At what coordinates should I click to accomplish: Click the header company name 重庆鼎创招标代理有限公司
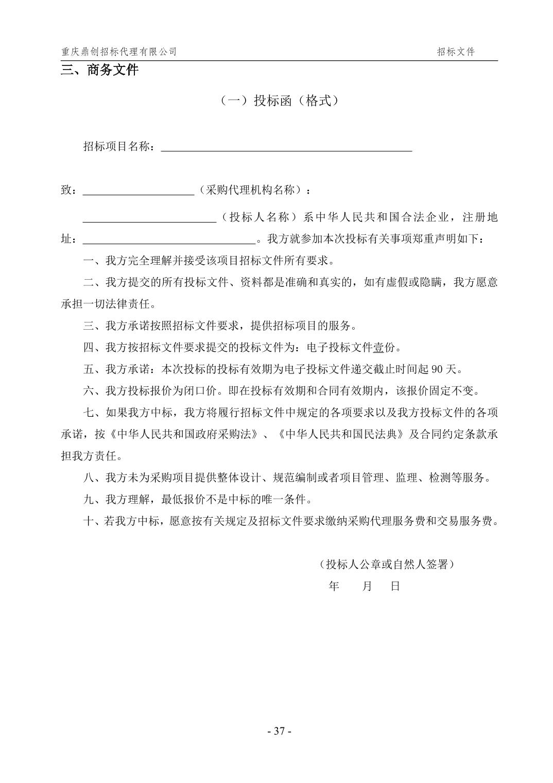pos(119,52)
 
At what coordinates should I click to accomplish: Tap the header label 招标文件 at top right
pos(456,52)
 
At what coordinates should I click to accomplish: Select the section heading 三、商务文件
pos(100,70)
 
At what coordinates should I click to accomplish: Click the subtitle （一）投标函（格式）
pos(280,100)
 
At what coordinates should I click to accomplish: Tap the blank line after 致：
pos(138,190)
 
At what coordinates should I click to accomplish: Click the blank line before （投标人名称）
pos(149,217)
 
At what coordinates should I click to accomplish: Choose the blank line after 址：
pos(169,240)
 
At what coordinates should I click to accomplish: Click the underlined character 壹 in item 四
pos(378,348)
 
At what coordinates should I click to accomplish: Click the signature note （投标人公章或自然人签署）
pos(387,565)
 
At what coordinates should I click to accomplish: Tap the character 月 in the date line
pos(367,586)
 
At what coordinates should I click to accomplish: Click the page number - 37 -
pos(280,731)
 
